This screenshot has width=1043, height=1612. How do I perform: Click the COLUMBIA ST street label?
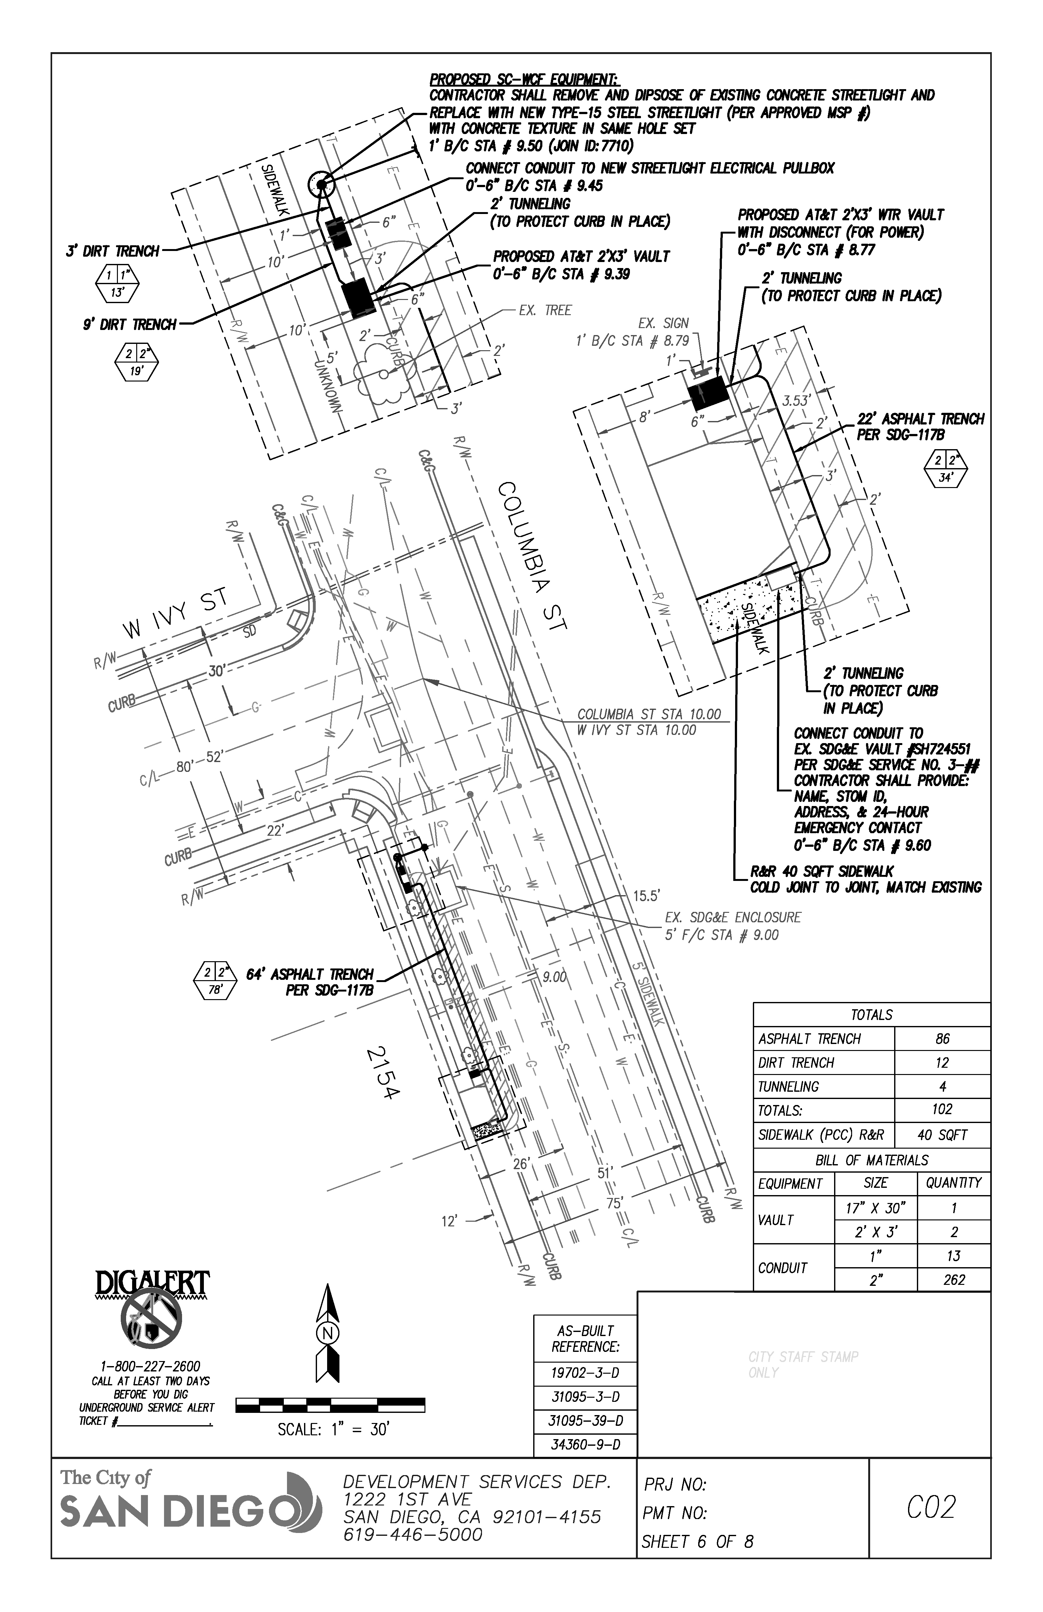pyautogui.click(x=532, y=557)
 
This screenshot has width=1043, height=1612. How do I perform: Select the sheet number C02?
pyautogui.click(x=930, y=1507)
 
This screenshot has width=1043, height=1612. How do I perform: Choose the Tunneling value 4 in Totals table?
pyautogui.click(x=942, y=1086)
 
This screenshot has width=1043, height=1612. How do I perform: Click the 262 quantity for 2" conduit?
pyautogui.click(x=954, y=1279)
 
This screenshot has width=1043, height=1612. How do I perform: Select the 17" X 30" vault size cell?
pyautogui.click(x=876, y=1208)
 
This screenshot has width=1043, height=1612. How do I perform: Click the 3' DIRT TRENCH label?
pyautogui.click(x=113, y=251)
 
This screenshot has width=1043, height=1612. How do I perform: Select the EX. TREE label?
pyautogui.click(x=545, y=310)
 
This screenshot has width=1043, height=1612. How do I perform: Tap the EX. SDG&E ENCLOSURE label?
pyautogui.click(x=733, y=917)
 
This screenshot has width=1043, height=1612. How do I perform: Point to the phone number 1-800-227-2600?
pyautogui.click(x=150, y=1366)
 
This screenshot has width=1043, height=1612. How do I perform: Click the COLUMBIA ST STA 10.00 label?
pyautogui.click(x=649, y=714)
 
